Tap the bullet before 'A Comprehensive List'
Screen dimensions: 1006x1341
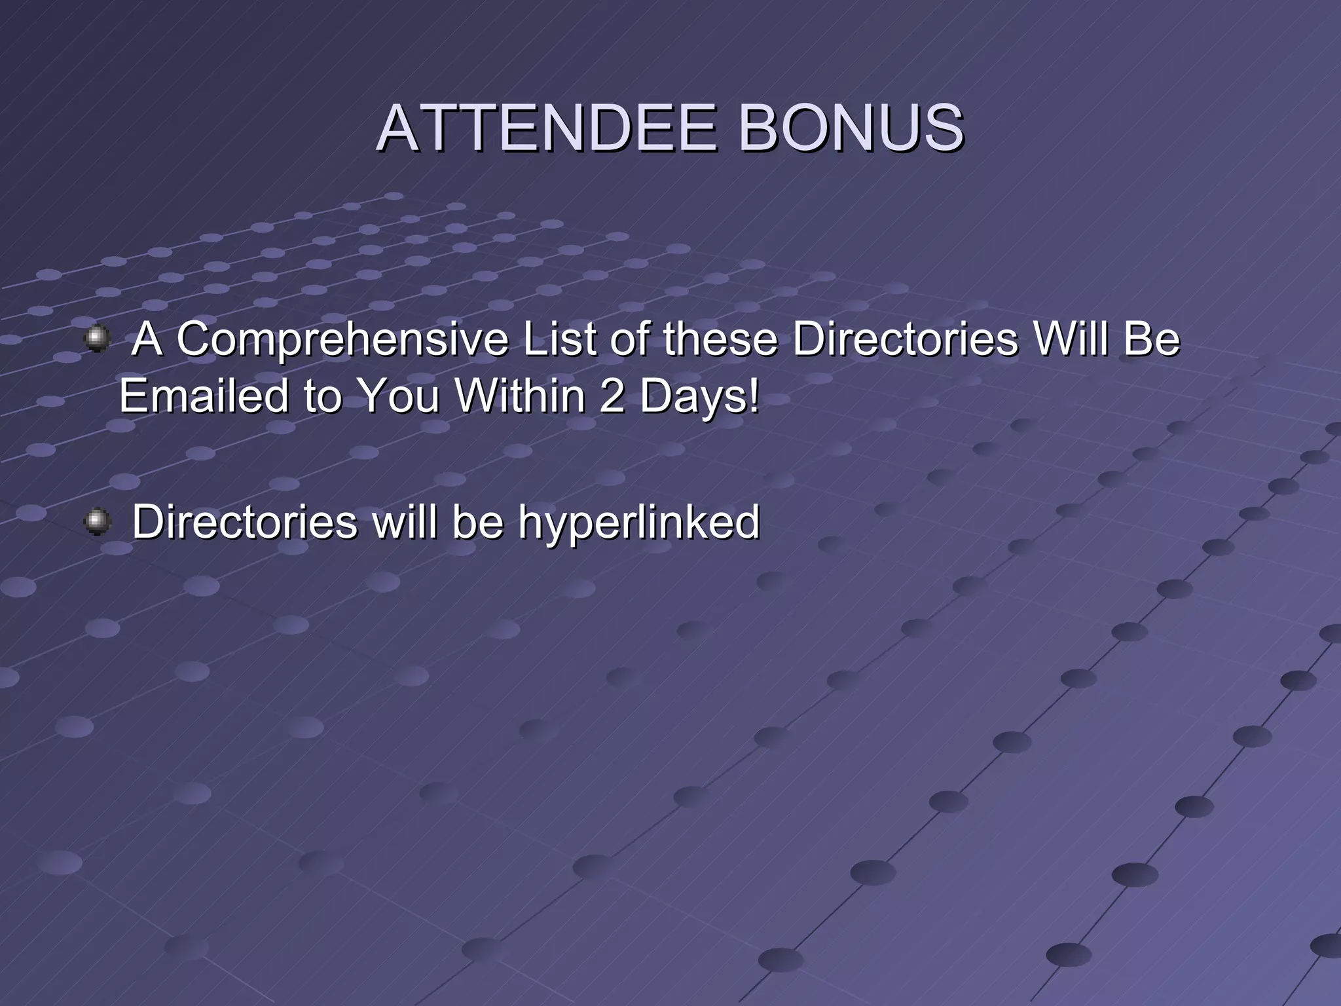coord(98,339)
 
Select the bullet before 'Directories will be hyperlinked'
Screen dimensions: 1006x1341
coord(98,521)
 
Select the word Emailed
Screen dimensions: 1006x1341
coord(203,396)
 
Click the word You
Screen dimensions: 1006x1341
coord(399,396)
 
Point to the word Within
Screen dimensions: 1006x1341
coord(519,396)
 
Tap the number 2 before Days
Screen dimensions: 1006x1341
coord(612,396)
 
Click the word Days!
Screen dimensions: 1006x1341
coord(699,396)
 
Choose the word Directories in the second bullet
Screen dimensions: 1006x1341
coord(245,522)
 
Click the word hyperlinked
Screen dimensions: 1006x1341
coord(638,522)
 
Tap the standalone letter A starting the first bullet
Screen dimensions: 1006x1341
coord(147,340)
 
